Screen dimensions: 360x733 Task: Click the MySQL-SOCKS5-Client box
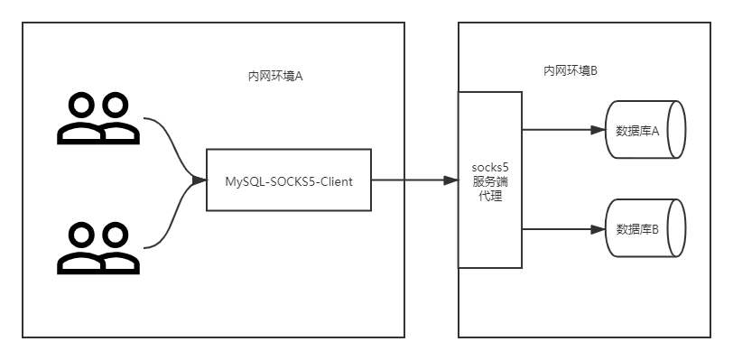point(289,180)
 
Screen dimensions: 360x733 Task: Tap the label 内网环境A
point(274,76)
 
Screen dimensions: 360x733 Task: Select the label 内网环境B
point(570,70)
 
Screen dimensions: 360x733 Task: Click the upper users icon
point(97,119)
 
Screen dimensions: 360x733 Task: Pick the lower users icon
point(97,248)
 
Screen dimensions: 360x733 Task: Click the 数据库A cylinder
point(644,130)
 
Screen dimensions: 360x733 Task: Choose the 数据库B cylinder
point(644,228)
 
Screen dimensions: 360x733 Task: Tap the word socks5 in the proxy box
point(490,168)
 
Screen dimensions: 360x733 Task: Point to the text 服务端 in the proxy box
point(490,181)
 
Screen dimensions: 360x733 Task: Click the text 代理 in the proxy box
point(490,195)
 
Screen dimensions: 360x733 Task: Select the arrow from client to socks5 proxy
point(411,180)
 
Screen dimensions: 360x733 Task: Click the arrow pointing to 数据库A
point(560,130)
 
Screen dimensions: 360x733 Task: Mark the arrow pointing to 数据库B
point(560,229)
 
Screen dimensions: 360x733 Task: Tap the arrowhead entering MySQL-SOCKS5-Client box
point(199,180)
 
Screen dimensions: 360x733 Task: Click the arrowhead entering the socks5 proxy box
point(451,180)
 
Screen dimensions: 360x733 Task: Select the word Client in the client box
point(334,180)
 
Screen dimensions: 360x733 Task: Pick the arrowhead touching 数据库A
point(597,130)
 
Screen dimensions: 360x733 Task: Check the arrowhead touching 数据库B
point(597,229)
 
